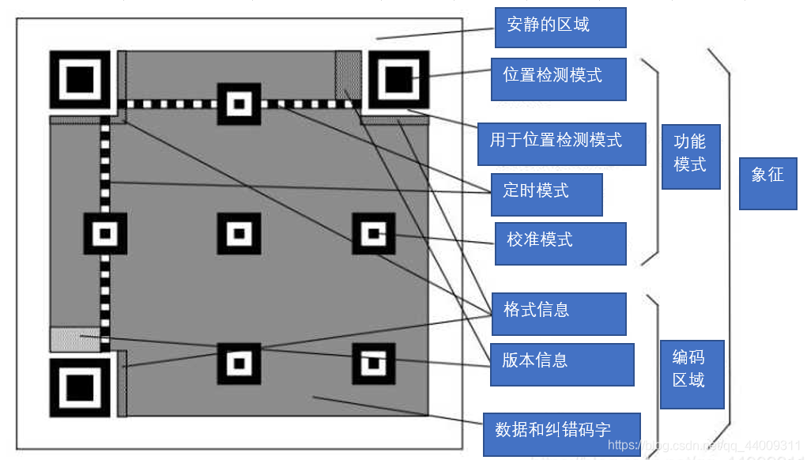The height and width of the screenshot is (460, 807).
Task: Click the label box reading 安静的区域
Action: click(560, 28)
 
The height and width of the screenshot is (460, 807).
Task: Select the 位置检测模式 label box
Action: click(558, 79)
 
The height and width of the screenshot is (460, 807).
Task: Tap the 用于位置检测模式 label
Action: click(561, 144)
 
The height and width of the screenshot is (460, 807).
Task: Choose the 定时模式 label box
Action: click(546, 194)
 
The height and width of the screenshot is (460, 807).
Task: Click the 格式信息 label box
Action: click(558, 314)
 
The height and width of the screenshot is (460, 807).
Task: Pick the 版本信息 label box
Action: click(561, 364)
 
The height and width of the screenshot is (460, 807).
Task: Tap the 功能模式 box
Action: click(690, 156)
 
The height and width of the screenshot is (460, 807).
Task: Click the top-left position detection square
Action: click(80, 79)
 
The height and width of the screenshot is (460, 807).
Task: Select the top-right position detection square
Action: click(398, 79)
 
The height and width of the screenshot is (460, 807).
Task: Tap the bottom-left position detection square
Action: click(80, 387)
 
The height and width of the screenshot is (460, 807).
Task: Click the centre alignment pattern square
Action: click(239, 233)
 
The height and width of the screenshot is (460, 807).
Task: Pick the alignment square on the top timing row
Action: click(239, 104)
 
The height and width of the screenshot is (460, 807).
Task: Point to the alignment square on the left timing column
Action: click(105, 233)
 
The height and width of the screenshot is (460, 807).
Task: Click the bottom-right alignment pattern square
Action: click(373, 364)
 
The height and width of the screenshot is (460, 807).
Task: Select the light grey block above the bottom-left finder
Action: click(75, 338)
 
